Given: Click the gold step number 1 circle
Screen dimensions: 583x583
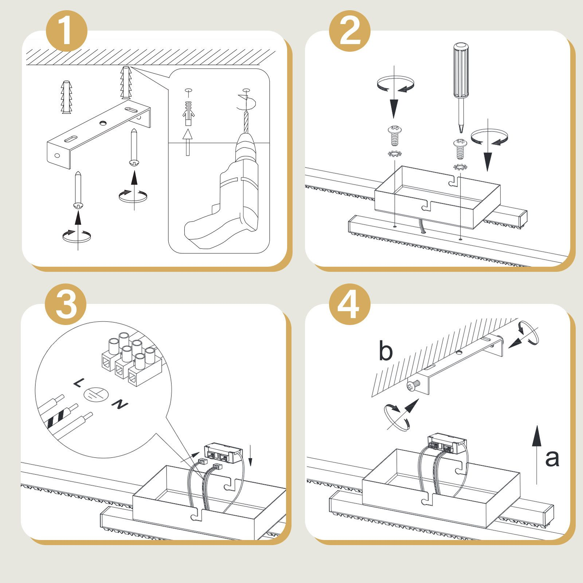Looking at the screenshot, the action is point(67,31).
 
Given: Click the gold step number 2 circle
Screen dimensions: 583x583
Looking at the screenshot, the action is point(350,31).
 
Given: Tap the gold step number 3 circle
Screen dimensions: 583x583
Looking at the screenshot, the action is point(66,304).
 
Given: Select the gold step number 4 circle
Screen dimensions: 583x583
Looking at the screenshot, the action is point(350,304).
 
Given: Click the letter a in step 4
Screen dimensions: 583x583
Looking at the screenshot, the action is point(552,458).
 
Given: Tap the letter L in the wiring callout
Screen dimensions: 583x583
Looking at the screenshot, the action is point(78,383).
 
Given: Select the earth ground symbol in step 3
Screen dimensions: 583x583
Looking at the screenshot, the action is point(96,394).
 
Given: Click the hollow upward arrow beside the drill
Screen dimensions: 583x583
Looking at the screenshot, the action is point(188,142).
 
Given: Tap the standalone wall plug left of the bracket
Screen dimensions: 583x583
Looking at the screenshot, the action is point(66,97).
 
